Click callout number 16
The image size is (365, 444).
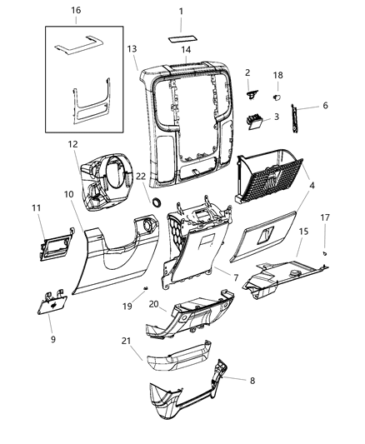pos(76,10)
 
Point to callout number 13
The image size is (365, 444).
pos(132,49)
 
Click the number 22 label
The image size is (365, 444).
pos(142,177)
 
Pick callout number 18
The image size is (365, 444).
pos(278,75)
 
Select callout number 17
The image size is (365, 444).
pos(326,217)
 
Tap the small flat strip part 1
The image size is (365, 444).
pos(184,37)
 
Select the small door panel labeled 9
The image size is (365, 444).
pos(52,305)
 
